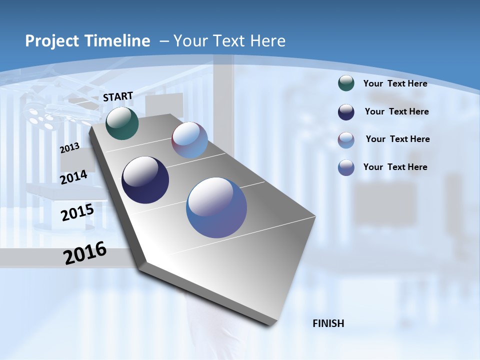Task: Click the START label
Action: [118, 96]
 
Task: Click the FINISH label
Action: [328, 323]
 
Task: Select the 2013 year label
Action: [69, 147]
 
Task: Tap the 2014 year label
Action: [73, 177]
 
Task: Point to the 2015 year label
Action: [77, 212]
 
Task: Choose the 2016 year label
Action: [85, 253]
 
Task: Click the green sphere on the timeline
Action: [122, 123]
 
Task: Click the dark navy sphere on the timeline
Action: [145, 180]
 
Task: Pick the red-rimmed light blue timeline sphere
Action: [189, 140]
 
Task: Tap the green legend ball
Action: [346, 83]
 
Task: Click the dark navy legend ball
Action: [346, 112]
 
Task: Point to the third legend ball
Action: [346, 139]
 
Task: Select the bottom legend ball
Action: [346, 167]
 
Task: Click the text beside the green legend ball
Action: [395, 83]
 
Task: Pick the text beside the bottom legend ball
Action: [395, 167]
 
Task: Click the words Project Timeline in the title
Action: [87, 41]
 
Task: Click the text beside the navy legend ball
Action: [396, 111]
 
